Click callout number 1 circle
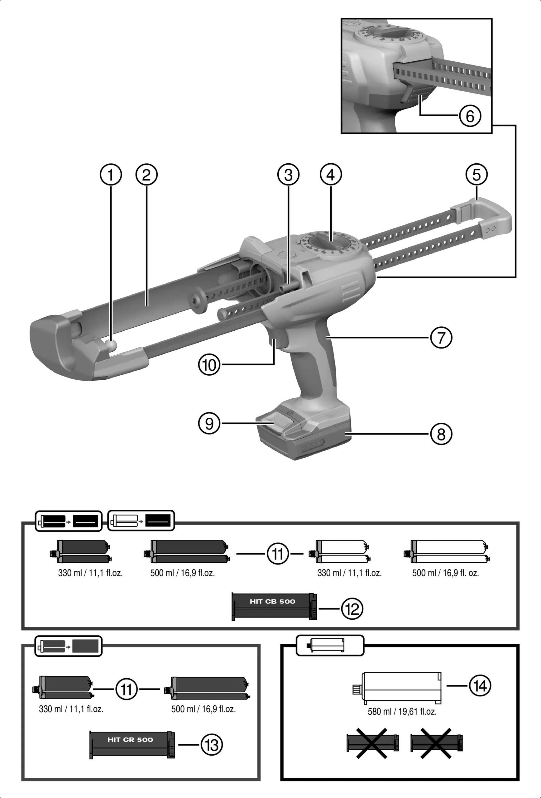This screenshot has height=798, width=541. click(111, 175)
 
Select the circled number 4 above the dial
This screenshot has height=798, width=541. click(331, 175)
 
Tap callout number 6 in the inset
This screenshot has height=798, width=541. click(470, 116)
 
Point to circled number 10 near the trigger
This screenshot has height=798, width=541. click(209, 364)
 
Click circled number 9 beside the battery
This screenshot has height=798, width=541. click(209, 423)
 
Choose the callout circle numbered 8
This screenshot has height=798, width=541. click(441, 434)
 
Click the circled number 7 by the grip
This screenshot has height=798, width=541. click(441, 338)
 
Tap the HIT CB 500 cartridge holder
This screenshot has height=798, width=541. click(274, 606)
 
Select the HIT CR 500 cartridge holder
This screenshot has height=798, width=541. click(132, 744)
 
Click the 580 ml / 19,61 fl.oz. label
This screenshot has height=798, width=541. click(402, 711)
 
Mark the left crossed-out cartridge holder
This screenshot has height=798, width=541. click(372, 743)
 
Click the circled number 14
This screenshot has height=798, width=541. click(480, 686)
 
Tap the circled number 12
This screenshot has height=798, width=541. click(352, 608)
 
